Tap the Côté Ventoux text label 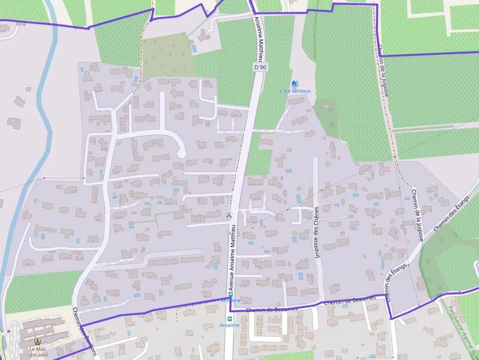coord(295,91)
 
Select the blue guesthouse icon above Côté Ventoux coord(294,84)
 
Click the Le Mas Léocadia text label coord(38,352)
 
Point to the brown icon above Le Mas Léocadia coord(38,341)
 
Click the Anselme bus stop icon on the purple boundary coord(230,295)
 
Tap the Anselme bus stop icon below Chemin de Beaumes coord(230,318)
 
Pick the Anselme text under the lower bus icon coord(230,325)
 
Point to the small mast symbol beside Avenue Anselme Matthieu coord(229,214)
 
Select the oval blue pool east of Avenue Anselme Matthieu coord(251,243)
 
